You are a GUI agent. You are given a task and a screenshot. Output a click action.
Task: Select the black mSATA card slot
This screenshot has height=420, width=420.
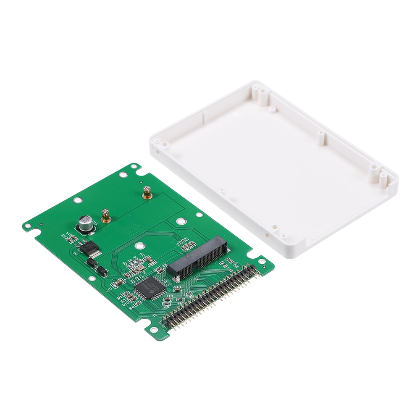(x=198, y=256)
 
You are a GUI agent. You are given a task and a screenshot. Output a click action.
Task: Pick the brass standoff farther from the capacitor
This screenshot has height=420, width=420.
(x=147, y=193)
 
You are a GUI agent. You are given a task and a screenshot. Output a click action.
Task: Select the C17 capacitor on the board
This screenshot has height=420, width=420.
(x=109, y=289)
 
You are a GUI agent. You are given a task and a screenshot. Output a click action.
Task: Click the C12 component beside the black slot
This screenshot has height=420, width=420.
(x=177, y=289)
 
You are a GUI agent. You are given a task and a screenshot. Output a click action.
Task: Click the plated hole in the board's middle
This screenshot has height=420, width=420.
(x=180, y=220)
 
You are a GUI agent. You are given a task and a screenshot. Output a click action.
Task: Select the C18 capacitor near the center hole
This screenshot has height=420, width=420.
(x=142, y=256)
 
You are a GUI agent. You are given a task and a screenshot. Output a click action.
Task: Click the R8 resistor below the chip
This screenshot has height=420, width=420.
(x=131, y=309)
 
